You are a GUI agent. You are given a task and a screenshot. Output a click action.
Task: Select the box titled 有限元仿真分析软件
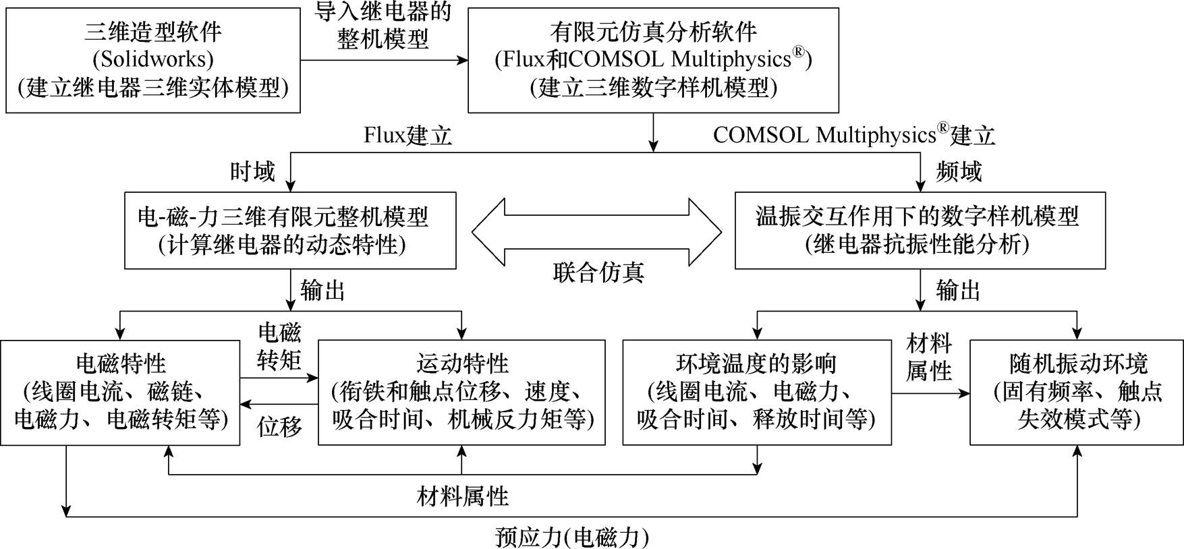653,60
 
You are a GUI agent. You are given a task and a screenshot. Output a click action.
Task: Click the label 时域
252,172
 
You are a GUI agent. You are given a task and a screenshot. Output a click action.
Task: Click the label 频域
959,172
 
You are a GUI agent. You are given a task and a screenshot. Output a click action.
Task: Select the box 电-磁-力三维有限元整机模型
290,230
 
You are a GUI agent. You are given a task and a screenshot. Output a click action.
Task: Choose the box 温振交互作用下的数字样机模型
920,230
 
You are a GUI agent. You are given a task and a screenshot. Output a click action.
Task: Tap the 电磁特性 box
120,392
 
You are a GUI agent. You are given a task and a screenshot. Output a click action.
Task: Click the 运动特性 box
461,392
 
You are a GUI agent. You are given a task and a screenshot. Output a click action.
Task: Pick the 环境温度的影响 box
756,392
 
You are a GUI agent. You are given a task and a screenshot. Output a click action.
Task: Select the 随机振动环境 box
1076,392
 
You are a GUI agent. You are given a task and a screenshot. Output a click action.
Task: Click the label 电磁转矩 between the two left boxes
279,347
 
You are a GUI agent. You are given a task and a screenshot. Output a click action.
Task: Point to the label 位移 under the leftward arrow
279,426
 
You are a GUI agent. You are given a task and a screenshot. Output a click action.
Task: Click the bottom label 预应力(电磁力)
572,538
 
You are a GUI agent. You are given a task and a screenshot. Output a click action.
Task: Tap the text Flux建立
407,136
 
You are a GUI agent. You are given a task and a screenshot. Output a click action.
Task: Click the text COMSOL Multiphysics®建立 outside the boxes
853,136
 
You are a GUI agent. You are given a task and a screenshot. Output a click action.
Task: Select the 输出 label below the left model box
323,291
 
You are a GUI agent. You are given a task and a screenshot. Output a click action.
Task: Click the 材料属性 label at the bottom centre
462,497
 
